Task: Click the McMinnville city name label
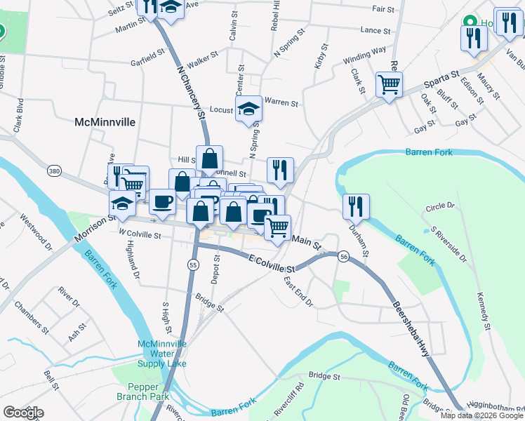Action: [105, 121]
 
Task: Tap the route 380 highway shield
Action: [54, 171]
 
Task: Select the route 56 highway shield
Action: [344, 257]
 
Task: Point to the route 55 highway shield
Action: [193, 265]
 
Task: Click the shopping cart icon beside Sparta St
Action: [388, 84]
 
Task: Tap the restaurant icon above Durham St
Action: [356, 206]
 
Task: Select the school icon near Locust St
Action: [248, 108]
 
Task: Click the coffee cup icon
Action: [162, 202]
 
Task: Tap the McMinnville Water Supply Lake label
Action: [162, 354]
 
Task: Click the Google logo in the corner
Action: [23, 413]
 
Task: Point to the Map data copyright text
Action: [481, 415]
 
